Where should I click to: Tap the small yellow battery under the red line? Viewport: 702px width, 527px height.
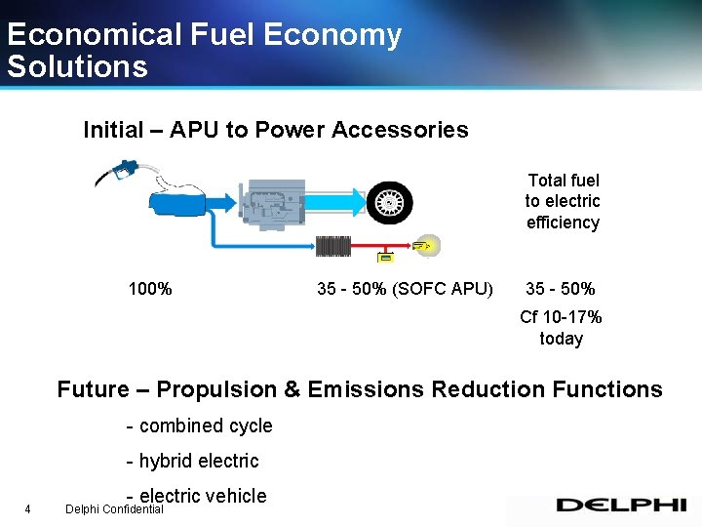(x=385, y=258)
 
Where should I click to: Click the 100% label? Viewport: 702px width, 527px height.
(x=150, y=289)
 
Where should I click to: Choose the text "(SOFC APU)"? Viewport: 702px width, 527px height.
(x=443, y=289)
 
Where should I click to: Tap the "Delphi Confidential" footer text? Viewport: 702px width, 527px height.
(x=114, y=509)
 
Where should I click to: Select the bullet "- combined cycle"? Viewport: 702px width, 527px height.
(x=200, y=426)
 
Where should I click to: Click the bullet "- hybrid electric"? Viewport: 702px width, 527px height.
(x=193, y=461)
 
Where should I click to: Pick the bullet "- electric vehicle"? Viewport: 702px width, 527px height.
(x=197, y=495)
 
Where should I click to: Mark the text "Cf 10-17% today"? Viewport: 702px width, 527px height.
(x=561, y=328)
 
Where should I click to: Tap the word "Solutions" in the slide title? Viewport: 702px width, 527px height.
(x=77, y=66)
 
